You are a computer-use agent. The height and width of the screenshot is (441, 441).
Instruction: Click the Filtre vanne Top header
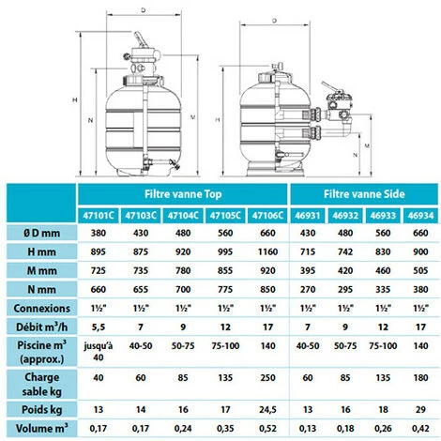[183, 194]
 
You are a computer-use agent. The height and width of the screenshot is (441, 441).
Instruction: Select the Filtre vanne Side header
[364, 194]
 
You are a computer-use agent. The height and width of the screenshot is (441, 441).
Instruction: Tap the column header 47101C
[99, 216]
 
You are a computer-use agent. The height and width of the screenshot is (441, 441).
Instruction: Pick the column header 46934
[420, 216]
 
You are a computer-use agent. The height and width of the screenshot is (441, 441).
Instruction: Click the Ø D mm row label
[41, 233]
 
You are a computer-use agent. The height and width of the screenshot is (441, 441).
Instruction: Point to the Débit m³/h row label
[41, 327]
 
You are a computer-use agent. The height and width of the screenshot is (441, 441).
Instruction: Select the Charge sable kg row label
[41, 384]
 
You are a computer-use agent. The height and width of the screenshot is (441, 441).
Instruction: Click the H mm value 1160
[267, 251]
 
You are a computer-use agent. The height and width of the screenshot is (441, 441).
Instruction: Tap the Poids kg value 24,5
[267, 410]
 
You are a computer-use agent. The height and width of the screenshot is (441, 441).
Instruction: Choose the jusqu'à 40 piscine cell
[99, 352]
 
